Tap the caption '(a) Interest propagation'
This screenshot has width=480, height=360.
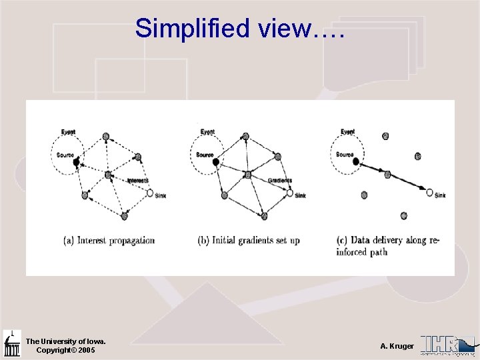tap(109, 240)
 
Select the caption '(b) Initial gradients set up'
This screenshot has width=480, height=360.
tap(249, 240)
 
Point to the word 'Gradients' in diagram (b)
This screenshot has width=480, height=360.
tap(280, 180)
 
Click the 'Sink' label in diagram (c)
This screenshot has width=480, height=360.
tap(440, 195)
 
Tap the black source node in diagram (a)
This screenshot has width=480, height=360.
tap(76, 161)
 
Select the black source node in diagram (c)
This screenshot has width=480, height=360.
tap(355, 161)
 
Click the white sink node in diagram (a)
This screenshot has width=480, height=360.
tap(150, 193)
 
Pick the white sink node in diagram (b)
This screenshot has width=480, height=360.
tap(289, 193)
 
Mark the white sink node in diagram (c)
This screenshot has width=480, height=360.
tap(429, 193)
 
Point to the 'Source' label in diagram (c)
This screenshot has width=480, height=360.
tap(345, 155)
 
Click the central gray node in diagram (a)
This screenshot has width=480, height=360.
tap(107, 175)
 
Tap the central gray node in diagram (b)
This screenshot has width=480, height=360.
tap(247, 175)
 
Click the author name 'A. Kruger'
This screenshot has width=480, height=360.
tap(397, 346)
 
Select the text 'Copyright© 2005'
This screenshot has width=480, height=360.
tap(65, 350)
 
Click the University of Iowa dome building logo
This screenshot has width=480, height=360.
tap(12, 343)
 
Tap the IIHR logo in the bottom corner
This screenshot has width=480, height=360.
tap(448, 344)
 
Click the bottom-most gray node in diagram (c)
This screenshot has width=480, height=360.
tap(403, 215)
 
